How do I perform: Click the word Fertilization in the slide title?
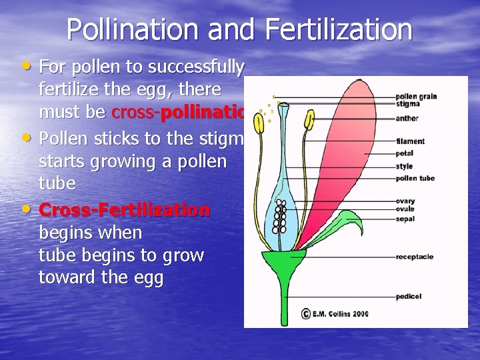click(x=338, y=30)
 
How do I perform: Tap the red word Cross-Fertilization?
click(x=125, y=211)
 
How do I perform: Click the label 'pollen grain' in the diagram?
click(x=416, y=97)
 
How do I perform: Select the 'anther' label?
click(x=407, y=119)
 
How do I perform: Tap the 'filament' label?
click(x=409, y=141)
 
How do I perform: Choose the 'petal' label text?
click(x=404, y=153)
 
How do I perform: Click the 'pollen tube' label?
click(x=415, y=178)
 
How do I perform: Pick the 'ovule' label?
click(x=405, y=209)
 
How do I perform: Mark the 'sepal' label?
click(x=405, y=218)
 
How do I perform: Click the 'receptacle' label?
click(x=414, y=256)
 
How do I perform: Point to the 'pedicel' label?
click(x=408, y=296)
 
